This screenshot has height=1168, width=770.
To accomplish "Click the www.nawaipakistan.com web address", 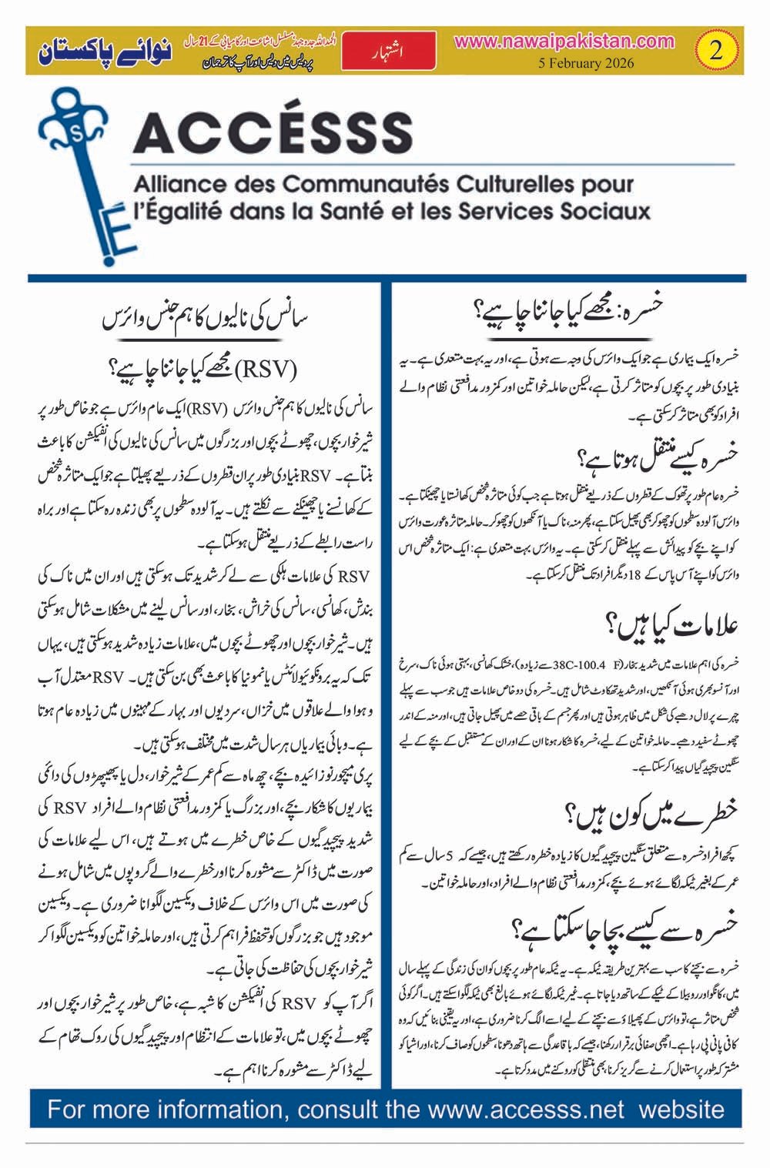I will (564, 42).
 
